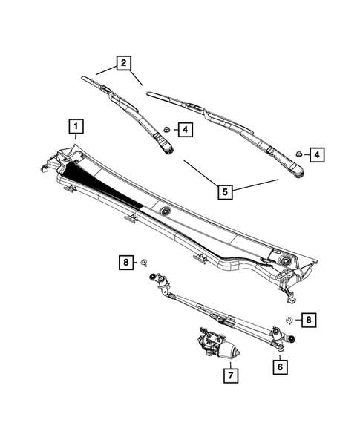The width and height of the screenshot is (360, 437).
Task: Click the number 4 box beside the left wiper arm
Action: [x=184, y=131]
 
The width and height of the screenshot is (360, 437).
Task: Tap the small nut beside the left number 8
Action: [x=144, y=261]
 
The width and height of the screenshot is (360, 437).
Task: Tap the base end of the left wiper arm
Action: [x=168, y=149]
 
